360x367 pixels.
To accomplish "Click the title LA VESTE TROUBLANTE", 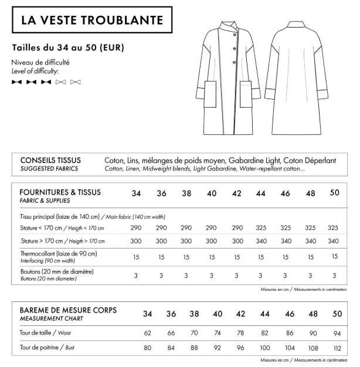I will [92, 21].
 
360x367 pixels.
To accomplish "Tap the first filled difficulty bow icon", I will [16, 82].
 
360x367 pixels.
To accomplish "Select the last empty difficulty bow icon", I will [75, 82].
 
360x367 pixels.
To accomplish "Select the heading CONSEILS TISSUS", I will [50, 160].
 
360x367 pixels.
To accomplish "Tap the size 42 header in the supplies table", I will [237, 193].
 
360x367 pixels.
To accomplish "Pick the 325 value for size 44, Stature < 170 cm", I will [262, 227].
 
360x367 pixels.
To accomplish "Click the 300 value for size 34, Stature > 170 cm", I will [136, 241].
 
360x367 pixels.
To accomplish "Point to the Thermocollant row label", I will [58, 254].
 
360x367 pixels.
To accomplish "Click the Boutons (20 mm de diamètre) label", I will [57, 271].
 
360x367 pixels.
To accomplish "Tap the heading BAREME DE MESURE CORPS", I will [69, 310].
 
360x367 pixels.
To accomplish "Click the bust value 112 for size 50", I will [337, 348].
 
